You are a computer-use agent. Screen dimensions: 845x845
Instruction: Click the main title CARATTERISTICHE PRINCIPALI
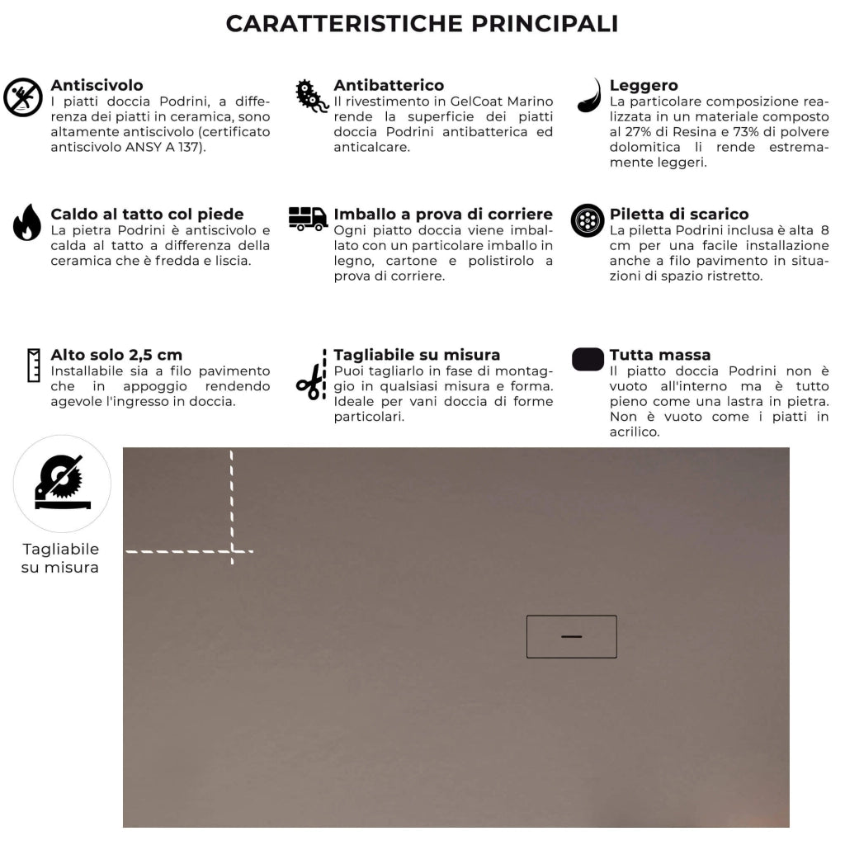click(x=422, y=24)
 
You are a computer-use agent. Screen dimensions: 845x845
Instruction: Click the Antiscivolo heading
click(x=97, y=85)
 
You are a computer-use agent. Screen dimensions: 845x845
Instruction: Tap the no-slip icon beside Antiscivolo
click(x=23, y=97)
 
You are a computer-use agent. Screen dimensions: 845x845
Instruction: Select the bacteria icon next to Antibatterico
click(x=312, y=97)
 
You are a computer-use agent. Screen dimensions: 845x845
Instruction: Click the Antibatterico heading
click(x=388, y=85)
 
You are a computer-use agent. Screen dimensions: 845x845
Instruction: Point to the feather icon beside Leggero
click(x=589, y=96)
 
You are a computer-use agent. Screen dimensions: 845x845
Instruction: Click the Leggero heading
click(x=643, y=85)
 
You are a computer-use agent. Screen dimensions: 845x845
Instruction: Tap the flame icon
click(x=26, y=222)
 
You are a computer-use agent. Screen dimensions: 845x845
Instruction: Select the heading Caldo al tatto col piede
click(x=147, y=215)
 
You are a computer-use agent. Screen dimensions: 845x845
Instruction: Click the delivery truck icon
click(x=308, y=219)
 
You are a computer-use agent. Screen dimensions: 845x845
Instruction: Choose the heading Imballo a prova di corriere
click(x=442, y=215)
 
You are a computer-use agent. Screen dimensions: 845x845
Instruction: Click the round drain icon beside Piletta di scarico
click(x=588, y=220)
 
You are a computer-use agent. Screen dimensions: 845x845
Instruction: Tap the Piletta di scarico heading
click(x=678, y=215)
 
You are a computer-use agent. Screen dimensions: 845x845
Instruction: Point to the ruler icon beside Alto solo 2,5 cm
click(x=34, y=365)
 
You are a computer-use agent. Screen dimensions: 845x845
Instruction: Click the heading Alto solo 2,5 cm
click(x=116, y=355)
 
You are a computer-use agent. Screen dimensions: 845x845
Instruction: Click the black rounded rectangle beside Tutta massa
click(x=588, y=360)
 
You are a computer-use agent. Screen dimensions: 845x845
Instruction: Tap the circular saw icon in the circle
click(x=62, y=484)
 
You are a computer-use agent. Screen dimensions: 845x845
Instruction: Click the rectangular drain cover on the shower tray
click(x=571, y=636)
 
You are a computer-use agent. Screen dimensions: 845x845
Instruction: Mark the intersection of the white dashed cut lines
click(x=232, y=550)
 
